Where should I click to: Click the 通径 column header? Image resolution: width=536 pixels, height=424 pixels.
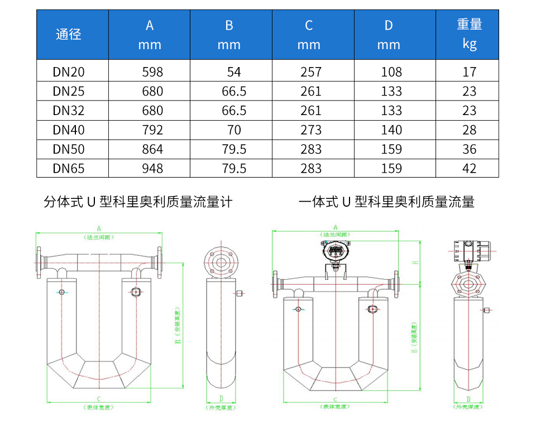69,35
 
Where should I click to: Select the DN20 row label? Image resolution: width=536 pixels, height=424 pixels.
69,72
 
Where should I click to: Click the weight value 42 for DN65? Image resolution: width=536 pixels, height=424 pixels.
469,168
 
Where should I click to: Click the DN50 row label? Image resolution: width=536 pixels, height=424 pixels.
69,149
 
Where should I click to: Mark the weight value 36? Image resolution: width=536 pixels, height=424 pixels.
469,149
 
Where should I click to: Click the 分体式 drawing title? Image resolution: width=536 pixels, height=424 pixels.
138,202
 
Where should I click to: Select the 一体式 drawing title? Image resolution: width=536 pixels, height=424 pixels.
386,202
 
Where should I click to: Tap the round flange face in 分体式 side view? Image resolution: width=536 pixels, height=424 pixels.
221,261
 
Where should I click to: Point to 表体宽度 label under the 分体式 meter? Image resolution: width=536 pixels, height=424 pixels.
99,407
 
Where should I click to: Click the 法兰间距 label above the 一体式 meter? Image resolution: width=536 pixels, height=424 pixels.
336,235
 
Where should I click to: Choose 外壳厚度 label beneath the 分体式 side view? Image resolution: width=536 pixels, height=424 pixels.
221,407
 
